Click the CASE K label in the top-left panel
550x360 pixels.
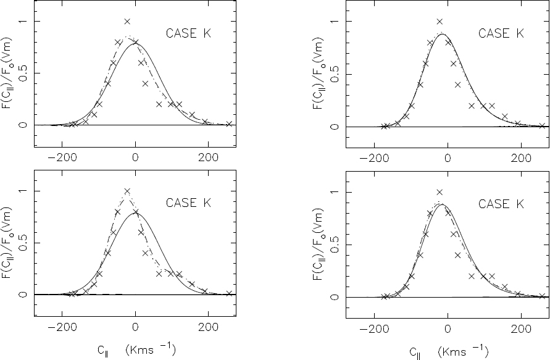189,33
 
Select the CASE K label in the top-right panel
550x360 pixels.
501,33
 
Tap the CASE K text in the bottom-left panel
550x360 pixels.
189,203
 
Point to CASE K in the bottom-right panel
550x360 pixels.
501,203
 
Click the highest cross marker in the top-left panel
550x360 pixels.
127,22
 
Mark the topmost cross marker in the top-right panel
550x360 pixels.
440,22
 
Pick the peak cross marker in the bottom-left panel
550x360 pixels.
127,191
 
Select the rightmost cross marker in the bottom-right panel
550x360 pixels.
541,296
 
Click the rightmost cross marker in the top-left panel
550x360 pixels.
229,124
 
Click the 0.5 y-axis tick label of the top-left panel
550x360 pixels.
23,73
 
